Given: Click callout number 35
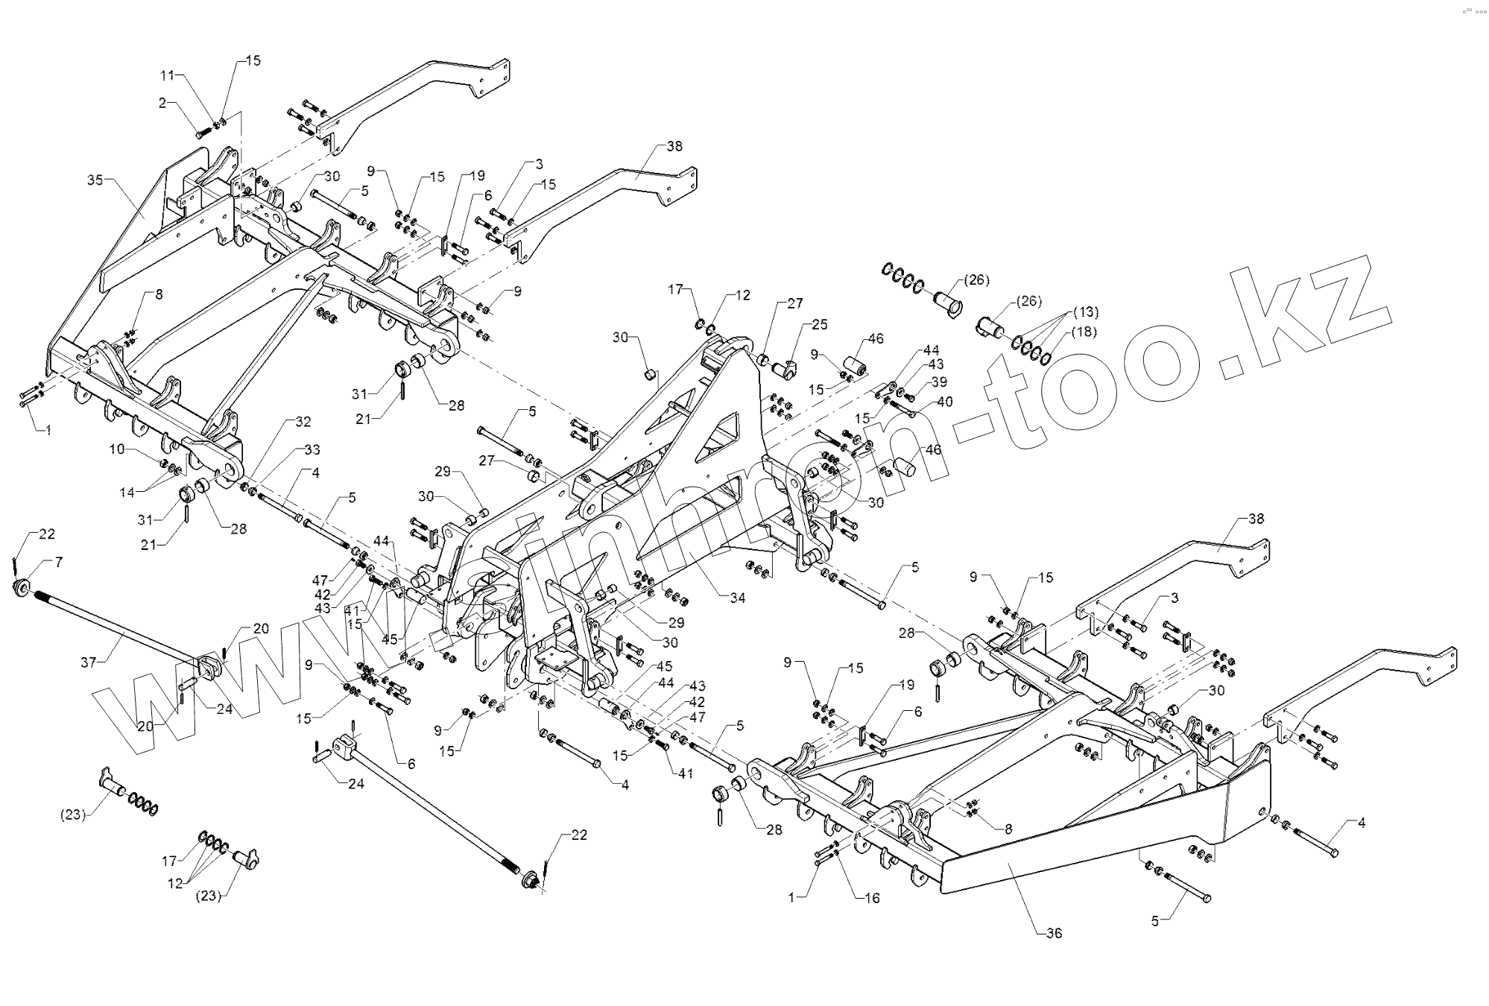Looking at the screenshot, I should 95,180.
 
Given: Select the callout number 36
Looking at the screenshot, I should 1054,933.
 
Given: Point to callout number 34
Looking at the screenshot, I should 737,598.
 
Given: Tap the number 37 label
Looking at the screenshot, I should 89,661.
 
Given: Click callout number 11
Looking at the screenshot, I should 167,75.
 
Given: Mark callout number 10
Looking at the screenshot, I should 117,449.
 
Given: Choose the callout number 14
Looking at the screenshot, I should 128,493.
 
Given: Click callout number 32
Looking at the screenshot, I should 303,422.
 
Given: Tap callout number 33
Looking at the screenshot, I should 312,449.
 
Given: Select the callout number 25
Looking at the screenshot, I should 820,325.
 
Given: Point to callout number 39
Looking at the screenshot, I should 939,382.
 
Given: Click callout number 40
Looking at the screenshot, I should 945,402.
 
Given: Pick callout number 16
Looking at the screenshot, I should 872,898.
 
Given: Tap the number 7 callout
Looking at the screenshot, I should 58,562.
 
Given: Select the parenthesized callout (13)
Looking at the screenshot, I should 1085,311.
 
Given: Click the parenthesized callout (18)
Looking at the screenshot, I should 1084,332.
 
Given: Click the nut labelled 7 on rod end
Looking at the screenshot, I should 22,589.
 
